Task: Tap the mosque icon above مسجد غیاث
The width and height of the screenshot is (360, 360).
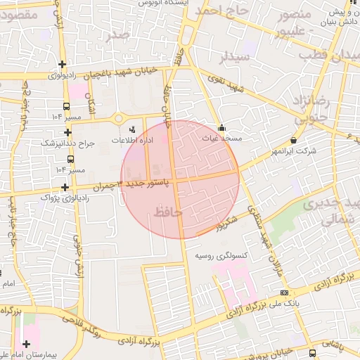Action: (222, 128)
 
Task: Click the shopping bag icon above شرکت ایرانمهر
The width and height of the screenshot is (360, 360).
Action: (293, 141)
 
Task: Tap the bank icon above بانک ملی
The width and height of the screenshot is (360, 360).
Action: (284, 292)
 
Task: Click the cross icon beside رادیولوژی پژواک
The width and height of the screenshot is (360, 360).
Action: (65, 187)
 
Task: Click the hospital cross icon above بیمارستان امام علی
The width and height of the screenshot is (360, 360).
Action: (27, 344)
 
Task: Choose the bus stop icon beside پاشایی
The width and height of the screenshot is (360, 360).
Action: (311, 352)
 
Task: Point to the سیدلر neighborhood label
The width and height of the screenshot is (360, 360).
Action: (233, 57)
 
